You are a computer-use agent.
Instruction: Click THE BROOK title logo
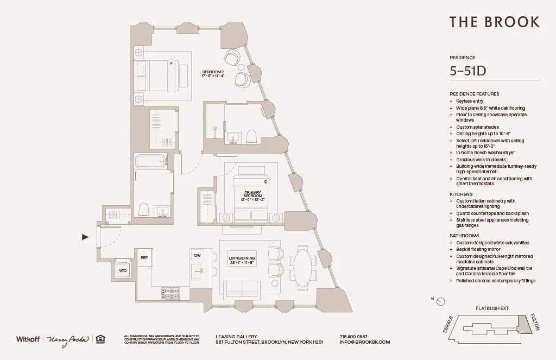pyautogui.click(x=494, y=22)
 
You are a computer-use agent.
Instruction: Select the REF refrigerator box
pyautogui.click(x=144, y=258)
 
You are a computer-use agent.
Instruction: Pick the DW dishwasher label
pyautogui.click(x=198, y=256)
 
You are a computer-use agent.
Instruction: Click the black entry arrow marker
pyautogui.click(x=85, y=237)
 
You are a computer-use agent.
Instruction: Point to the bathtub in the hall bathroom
pyautogui.click(x=150, y=162)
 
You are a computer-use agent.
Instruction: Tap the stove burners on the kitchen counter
pyautogui.click(x=170, y=293)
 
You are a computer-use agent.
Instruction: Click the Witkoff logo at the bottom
pyautogui.click(x=29, y=339)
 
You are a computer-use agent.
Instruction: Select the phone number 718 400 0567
pyautogui.click(x=353, y=336)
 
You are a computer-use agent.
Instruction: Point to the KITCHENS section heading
pyautogui.click(x=460, y=194)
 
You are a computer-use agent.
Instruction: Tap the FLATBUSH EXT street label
pyautogui.click(x=492, y=308)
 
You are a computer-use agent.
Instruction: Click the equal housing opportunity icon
pyautogui.click(x=100, y=339)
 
